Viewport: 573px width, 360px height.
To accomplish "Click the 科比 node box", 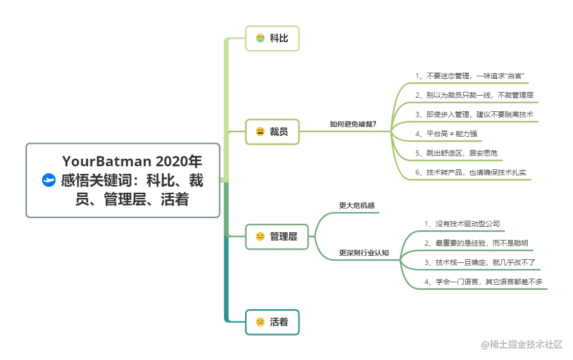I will (x=273, y=38).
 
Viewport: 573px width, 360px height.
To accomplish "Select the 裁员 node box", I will (x=273, y=132).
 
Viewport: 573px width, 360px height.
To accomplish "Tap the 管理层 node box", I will (x=277, y=236).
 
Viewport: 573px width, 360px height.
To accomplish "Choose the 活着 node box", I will (x=273, y=322).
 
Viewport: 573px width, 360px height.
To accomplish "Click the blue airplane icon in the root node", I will (x=48, y=180).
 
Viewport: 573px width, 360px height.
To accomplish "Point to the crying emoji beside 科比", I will (x=260, y=38).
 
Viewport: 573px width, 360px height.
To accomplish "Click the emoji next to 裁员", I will (x=260, y=132).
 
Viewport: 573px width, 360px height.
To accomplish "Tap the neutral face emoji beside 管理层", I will (x=260, y=236).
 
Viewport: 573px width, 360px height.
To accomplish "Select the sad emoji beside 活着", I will (x=260, y=322).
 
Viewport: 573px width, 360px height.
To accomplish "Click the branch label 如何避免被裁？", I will (x=353, y=124).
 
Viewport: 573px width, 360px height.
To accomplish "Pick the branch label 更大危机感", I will (x=357, y=205).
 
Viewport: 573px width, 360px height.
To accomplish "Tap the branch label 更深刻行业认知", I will (x=364, y=253).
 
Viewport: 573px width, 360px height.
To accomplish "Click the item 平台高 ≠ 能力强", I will (x=446, y=134).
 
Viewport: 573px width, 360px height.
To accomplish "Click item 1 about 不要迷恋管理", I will (x=469, y=76).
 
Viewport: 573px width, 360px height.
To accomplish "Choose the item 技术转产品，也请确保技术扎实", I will (x=470, y=172).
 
